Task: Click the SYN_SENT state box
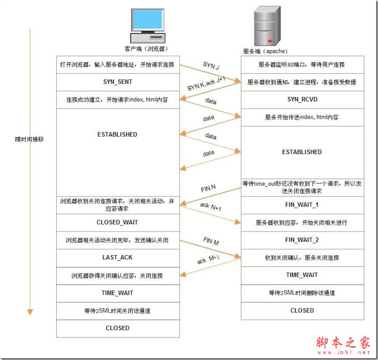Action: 118,82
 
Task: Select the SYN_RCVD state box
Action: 302,99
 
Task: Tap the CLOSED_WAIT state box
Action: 118,222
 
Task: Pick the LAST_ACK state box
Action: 118,257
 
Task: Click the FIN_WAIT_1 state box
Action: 302,205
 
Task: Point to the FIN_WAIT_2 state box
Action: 302,240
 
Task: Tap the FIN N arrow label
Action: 208,188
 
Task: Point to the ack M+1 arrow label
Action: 208,259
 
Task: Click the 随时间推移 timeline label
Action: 29,140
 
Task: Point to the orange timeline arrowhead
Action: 30,311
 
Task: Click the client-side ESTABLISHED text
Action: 118,135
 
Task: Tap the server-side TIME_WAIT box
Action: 302,275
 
